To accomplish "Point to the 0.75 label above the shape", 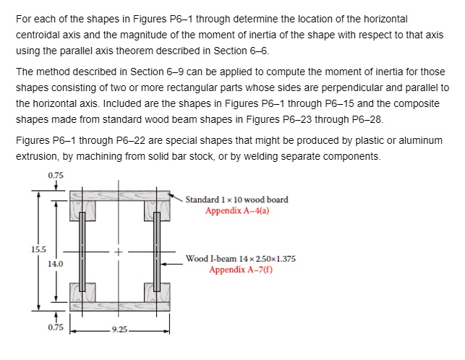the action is [x=56, y=175].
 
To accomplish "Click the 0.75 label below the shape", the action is [x=56, y=327].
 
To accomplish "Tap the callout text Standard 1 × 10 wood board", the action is [x=236, y=200].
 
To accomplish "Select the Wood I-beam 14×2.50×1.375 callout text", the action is [x=241, y=259].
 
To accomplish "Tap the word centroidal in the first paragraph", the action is [x=38, y=36].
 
